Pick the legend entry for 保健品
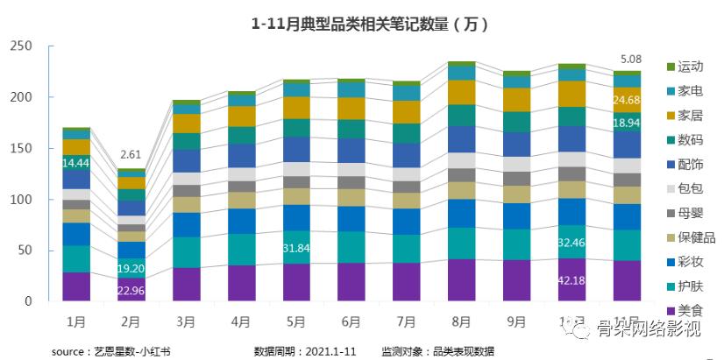click(x=694, y=237)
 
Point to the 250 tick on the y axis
click(x=20, y=46)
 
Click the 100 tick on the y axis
click(x=20, y=200)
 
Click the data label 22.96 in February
click(x=131, y=291)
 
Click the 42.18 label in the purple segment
click(x=571, y=280)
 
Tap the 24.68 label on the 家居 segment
click(x=626, y=102)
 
